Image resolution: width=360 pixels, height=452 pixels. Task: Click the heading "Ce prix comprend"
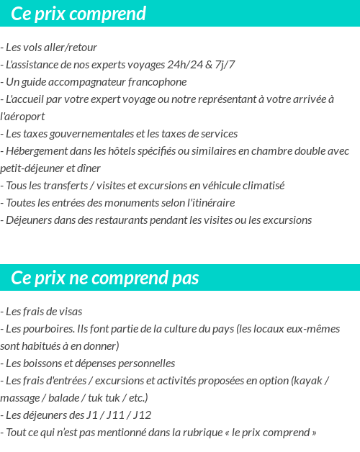tap(78, 14)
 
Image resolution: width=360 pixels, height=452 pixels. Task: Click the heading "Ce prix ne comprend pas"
tap(105, 278)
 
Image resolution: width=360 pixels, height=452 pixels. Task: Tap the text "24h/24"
tap(184, 65)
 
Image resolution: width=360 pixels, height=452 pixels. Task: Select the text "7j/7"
tap(225, 65)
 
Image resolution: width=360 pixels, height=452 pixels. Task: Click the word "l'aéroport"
tap(23, 117)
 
